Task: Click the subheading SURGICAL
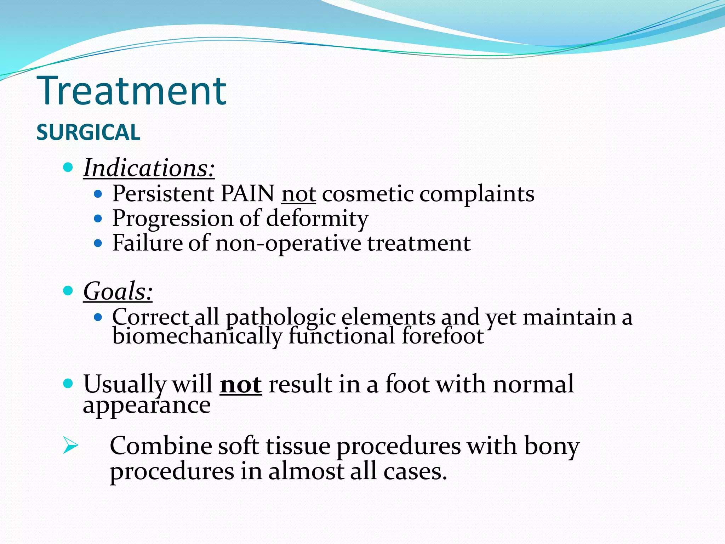click(x=88, y=132)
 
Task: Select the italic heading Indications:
click(x=149, y=168)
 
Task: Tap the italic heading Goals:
click(x=118, y=291)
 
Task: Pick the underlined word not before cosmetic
click(x=298, y=194)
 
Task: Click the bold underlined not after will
click(x=241, y=385)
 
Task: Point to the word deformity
click(x=317, y=219)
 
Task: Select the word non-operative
click(x=288, y=244)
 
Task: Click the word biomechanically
click(x=197, y=336)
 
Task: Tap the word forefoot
click(x=443, y=336)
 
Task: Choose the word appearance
click(x=147, y=406)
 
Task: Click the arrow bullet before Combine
click(x=70, y=446)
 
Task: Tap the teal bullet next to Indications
click(x=68, y=167)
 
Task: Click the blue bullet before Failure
click(x=98, y=244)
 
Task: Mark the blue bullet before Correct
click(x=98, y=317)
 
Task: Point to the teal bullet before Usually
click(x=68, y=384)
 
